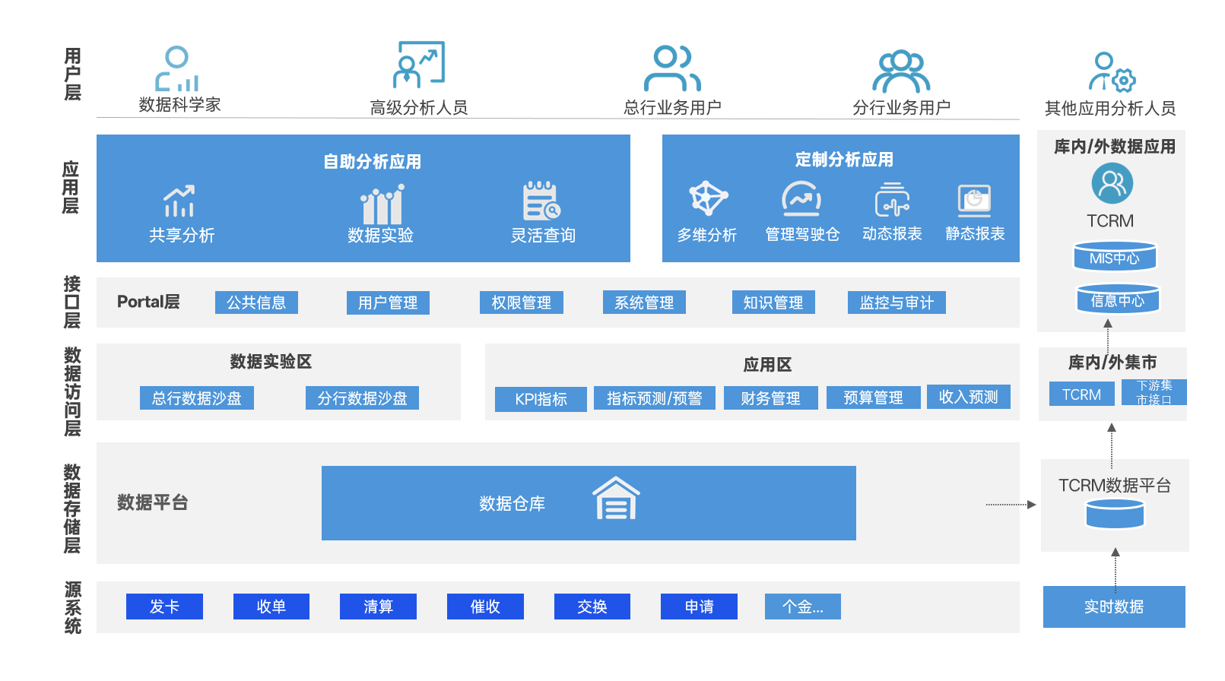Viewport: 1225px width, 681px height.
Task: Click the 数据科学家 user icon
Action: pyautogui.click(x=177, y=69)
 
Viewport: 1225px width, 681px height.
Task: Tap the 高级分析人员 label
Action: pyautogui.click(x=418, y=108)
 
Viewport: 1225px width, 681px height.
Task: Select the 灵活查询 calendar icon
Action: pyautogui.click(x=541, y=201)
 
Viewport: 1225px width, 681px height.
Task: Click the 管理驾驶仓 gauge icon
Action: pyautogui.click(x=801, y=199)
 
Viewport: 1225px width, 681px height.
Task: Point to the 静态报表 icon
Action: pyautogui.click(x=974, y=201)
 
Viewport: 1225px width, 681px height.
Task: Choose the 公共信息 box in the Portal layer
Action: pyautogui.click(x=256, y=302)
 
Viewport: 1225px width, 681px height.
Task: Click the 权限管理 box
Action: pyautogui.click(x=521, y=302)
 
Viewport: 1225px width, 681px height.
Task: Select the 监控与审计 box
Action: pyautogui.click(x=897, y=302)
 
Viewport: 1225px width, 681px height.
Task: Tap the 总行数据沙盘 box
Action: pyautogui.click(x=196, y=398)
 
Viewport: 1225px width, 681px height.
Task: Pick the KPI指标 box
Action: pyautogui.click(x=541, y=399)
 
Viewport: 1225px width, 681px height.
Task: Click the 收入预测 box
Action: pyautogui.click(x=968, y=397)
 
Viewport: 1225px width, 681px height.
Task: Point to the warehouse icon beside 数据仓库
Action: pyautogui.click(x=616, y=499)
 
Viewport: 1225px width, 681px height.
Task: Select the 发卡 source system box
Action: pyautogui.click(x=164, y=607)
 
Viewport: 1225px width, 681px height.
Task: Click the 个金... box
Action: pyautogui.click(x=802, y=607)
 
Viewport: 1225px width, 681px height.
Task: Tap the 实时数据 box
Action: pyautogui.click(x=1113, y=607)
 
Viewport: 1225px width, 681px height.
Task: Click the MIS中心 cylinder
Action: pyautogui.click(x=1115, y=257)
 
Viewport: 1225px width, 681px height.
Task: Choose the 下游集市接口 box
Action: pyautogui.click(x=1154, y=392)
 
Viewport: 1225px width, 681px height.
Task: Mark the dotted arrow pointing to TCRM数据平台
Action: pyautogui.click(x=1011, y=505)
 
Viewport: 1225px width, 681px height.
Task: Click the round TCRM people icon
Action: pyautogui.click(x=1112, y=183)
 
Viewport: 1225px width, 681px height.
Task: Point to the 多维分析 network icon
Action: pyautogui.click(x=708, y=198)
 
